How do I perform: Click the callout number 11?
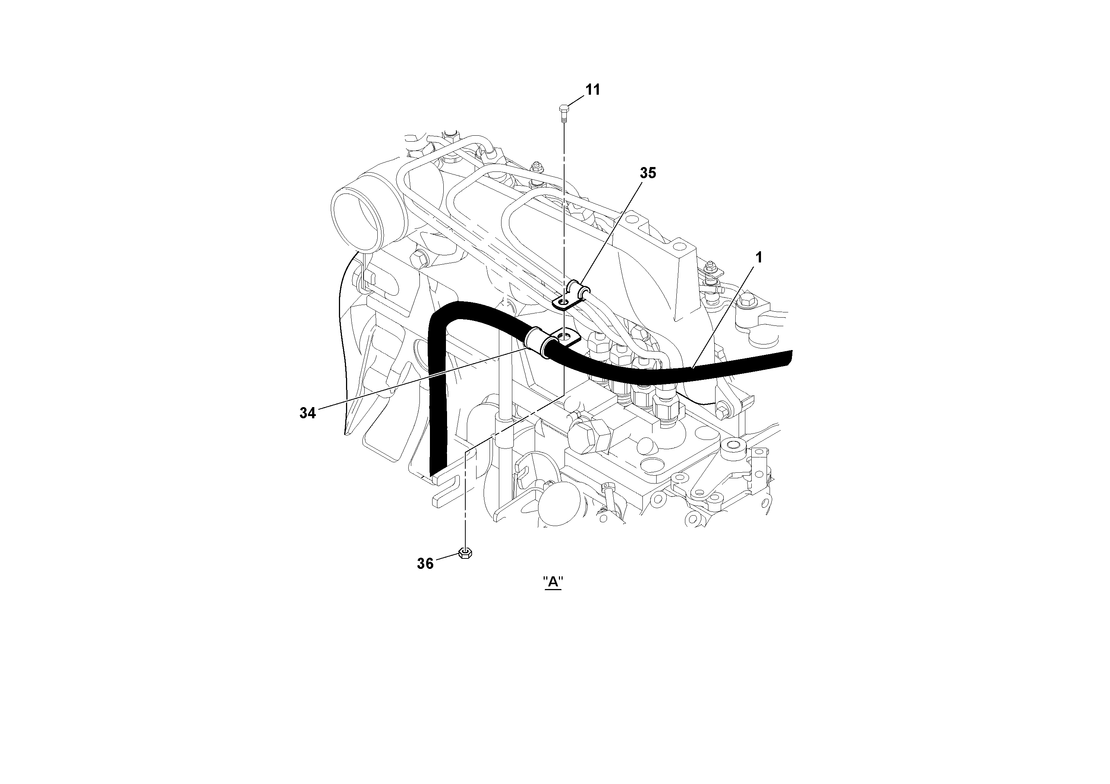[593, 89]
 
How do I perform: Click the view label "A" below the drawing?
[553, 582]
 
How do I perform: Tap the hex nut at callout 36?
[465, 553]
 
